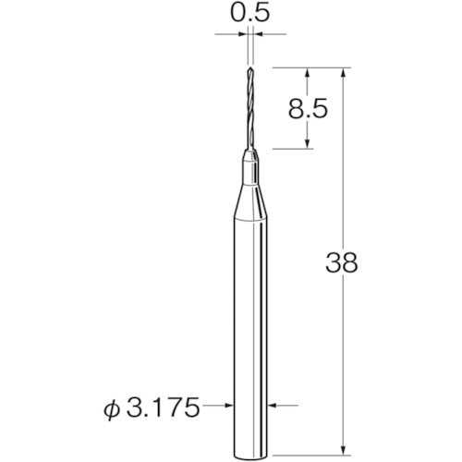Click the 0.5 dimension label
coord(250,13)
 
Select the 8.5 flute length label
coord(308,109)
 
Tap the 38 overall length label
coord(342,262)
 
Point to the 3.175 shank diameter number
coord(163,407)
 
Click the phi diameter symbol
coord(112,408)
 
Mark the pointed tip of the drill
coord(250,67)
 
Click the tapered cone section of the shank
coord(250,202)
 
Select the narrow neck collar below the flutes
coord(250,168)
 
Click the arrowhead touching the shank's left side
coord(229,406)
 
